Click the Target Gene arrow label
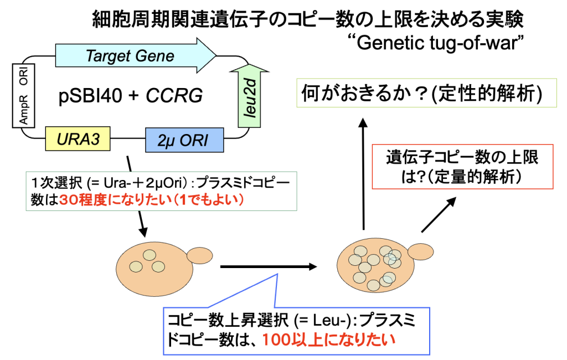(130, 56)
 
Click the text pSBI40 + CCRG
(130, 97)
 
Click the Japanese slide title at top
(307, 20)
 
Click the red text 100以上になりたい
(329, 339)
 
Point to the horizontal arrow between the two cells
(269, 267)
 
